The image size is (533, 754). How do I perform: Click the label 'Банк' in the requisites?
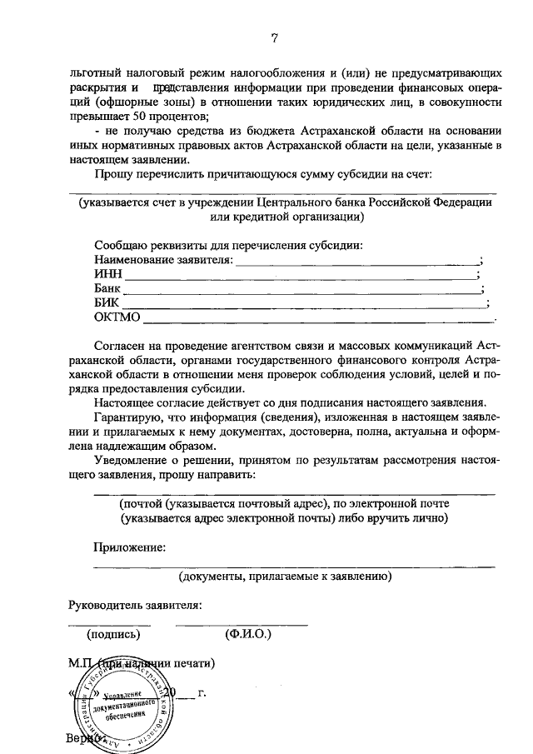108,289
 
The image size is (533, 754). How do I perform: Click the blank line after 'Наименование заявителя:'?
358,262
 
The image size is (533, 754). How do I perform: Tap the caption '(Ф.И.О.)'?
249,634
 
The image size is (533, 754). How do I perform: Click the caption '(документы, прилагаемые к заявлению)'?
286,576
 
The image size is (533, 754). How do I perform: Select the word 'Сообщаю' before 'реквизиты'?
121,245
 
